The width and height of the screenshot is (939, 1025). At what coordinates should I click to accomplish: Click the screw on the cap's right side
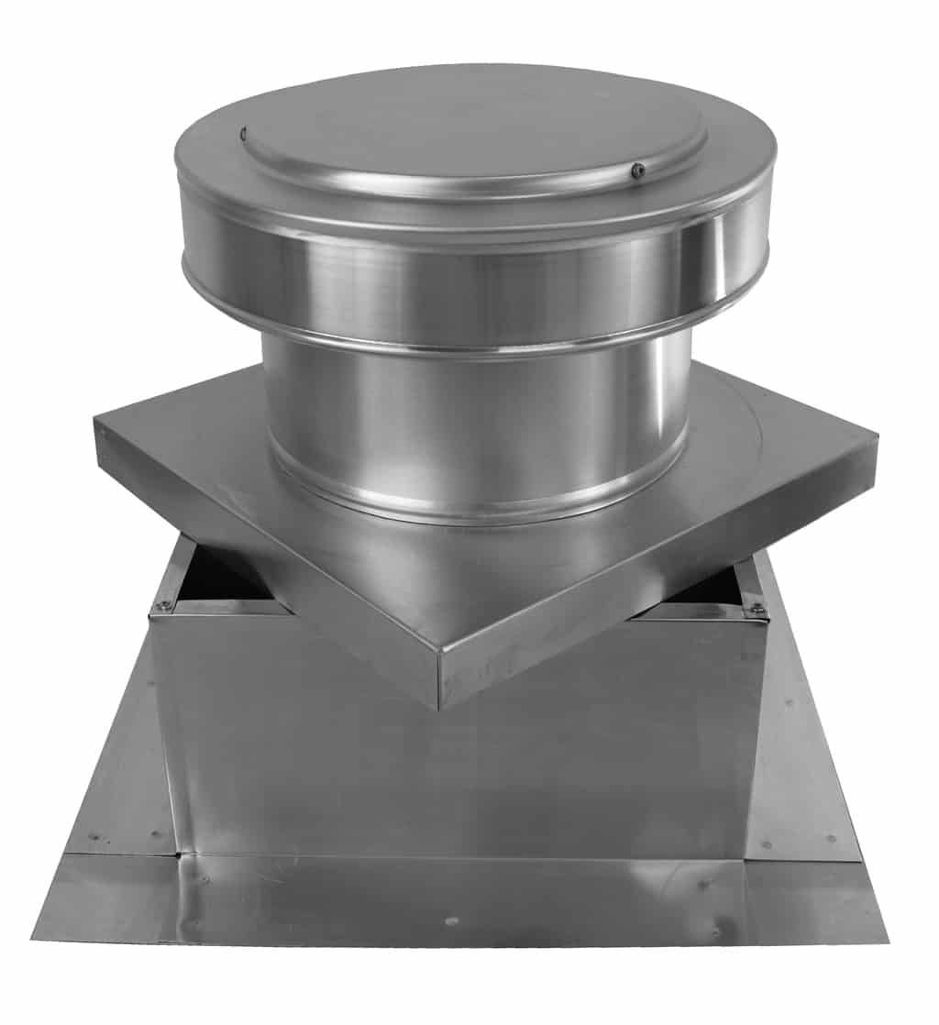click(639, 170)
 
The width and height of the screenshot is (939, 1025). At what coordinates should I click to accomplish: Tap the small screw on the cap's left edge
click(244, 135)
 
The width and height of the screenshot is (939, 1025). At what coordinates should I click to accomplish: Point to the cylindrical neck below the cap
click(476, 403)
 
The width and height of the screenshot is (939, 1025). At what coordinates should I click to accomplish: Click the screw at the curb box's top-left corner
click(163, 605)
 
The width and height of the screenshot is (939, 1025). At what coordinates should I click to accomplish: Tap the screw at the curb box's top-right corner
click(758, 608)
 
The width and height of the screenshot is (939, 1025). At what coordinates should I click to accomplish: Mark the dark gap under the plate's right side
click(706, 591)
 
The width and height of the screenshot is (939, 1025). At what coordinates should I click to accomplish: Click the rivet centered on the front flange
click(450, 920)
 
